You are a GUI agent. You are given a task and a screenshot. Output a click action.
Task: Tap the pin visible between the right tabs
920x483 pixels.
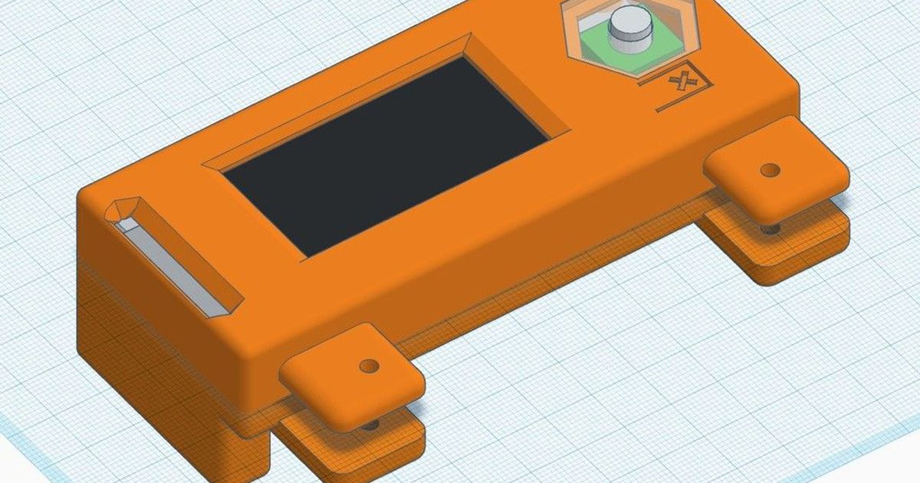(770, 226)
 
